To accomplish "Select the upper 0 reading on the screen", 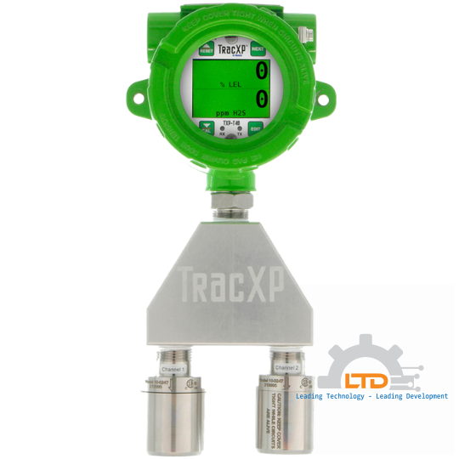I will click(x=261, y=71).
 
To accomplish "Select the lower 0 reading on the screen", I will click(x=261, y=99).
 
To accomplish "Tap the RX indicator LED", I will click(x=223, y=129).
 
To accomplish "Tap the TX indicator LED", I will click(x=240, y=129).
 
